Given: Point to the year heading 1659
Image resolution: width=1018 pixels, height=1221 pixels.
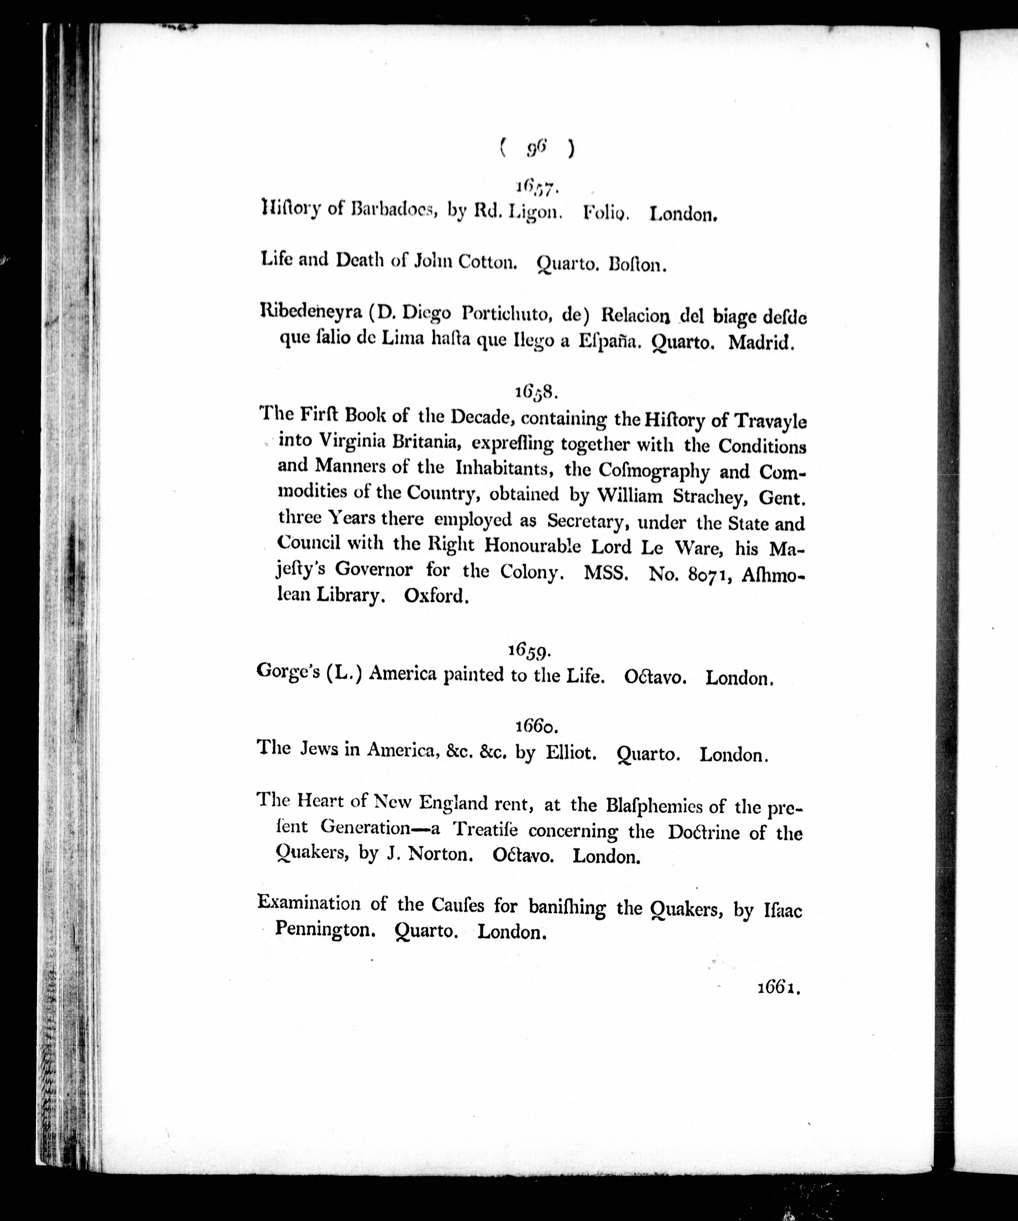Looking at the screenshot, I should (529, 650).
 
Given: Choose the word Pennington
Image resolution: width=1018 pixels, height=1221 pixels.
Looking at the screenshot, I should (322, 930).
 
